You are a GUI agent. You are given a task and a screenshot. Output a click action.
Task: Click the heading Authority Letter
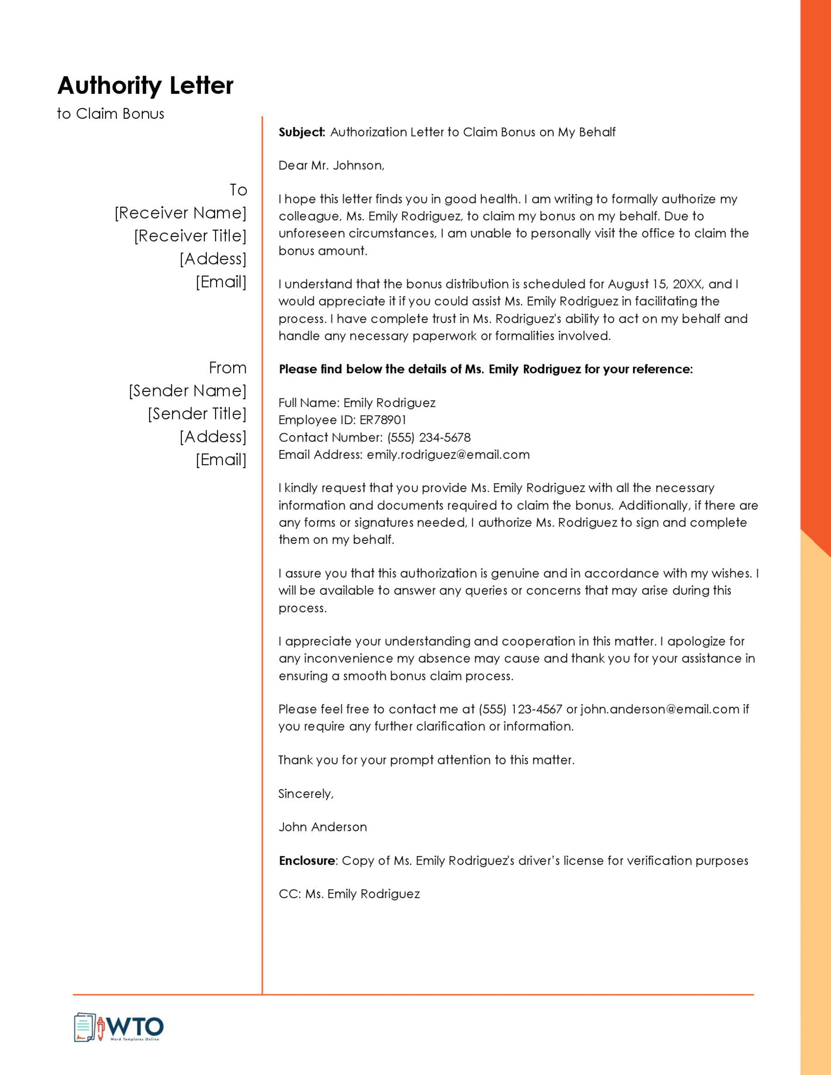coord(145,86)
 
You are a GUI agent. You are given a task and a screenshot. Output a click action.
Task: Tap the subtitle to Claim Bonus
coord(110,114)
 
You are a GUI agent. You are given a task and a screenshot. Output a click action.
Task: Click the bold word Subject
coord(301,132)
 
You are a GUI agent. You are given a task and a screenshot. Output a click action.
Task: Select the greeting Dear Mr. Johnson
coord(331,165)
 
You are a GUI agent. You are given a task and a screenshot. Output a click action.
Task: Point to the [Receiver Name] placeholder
coord(180,213)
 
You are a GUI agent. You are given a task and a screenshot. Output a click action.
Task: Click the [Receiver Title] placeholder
coord(190,236)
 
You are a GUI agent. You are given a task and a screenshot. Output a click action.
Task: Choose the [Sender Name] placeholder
coord(187,391)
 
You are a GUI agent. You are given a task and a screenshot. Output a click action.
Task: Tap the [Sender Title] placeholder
coord(197,414)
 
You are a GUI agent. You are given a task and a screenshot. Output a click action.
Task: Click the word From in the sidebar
coord(228,368)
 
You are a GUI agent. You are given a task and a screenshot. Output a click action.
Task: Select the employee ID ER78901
coord(383,420)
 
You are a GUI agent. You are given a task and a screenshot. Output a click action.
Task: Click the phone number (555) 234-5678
coord(429,437)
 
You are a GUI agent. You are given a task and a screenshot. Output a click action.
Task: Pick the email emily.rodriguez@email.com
coord(448,454)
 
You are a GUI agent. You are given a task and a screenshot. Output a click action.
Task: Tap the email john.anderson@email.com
coord(660,709)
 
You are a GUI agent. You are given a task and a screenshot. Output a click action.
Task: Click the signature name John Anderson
coord(322,827)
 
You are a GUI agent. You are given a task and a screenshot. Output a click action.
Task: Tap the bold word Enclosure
coord(307,860)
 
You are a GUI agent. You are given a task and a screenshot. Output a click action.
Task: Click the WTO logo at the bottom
coord(119,1028)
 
